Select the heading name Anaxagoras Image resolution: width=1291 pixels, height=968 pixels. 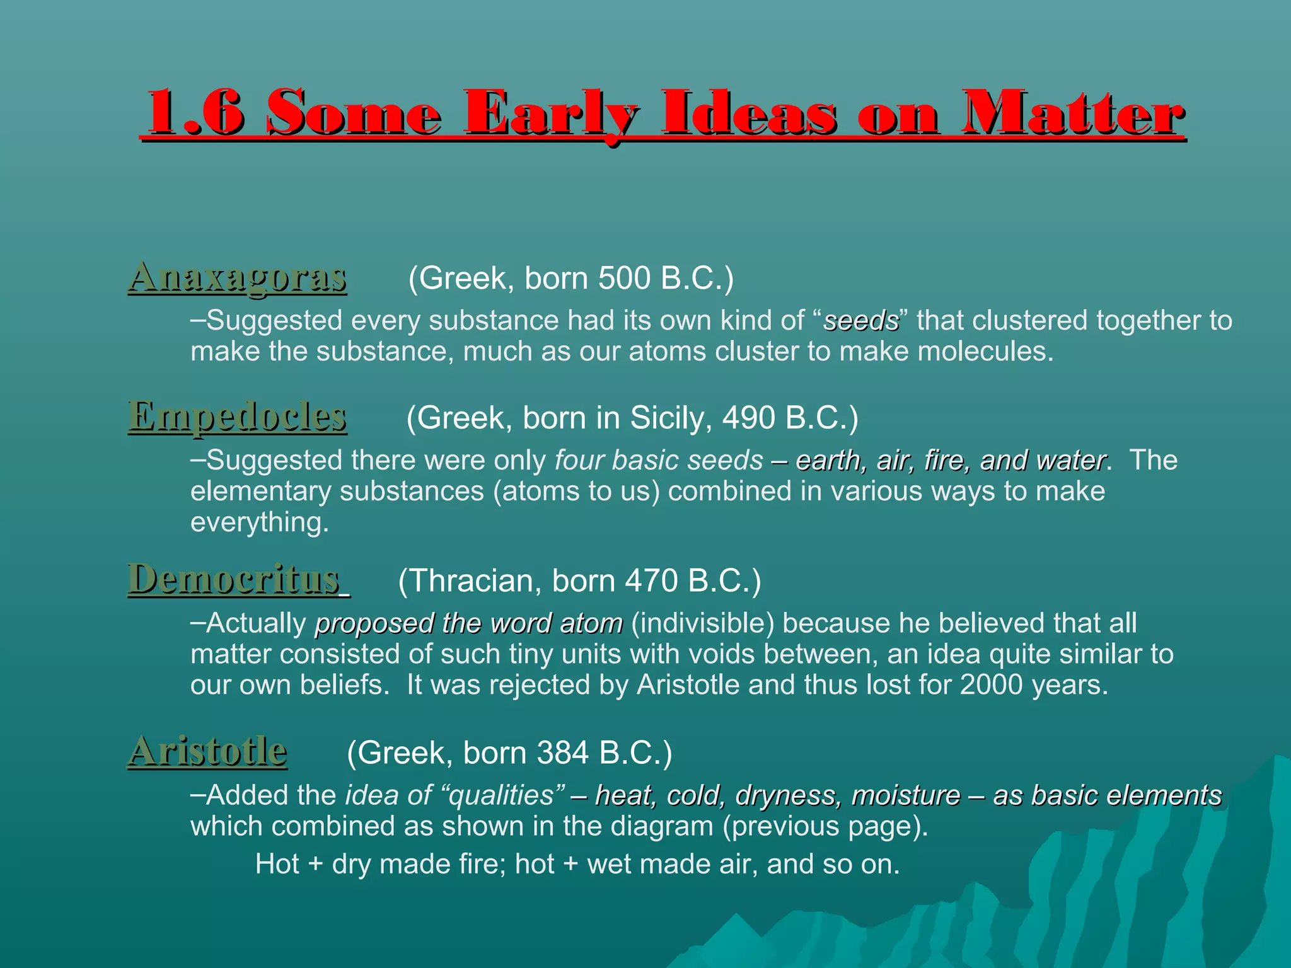coord(238,277)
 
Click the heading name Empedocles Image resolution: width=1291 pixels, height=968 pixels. coord(238,417)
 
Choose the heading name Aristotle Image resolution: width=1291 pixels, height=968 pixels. coord(208,751)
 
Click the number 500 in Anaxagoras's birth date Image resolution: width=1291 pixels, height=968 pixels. coord(623,278)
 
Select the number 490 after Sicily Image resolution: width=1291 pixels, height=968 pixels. coord(748,418)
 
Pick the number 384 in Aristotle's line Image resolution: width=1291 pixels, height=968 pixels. coord(562,752)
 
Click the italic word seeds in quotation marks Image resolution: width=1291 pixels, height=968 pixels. coord(861,321)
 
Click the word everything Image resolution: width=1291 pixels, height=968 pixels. coord(259,522)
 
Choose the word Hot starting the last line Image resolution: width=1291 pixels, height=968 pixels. coord(277,864)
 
